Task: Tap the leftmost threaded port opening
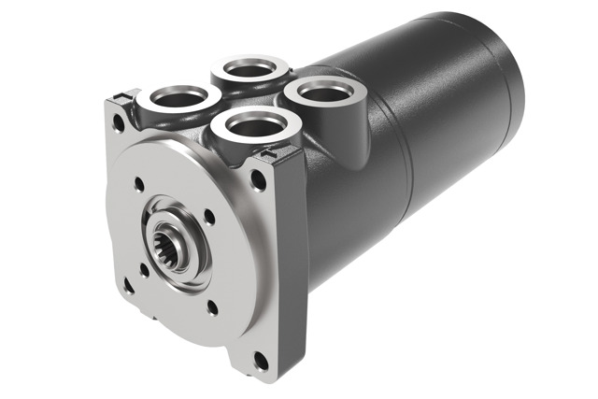pyautogui.click(x=177, y=96)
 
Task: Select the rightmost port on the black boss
pyautogui.click(x=323, y=92)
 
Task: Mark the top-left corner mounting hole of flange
pyautogui.click(x=119, y=120)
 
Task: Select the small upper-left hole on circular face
pyautogui.click(x=139, y=185)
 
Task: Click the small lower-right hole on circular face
pyautogui.click(x=211, y=304)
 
